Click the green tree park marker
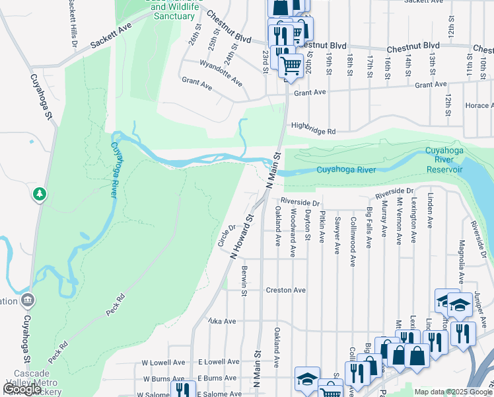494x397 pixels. [x=40, y=194]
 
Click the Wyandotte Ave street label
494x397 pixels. [x=221, y=73]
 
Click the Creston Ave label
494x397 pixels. [x=285, y=290]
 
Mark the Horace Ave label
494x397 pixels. [x=478, y=106]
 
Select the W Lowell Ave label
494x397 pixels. [x=163, y=362]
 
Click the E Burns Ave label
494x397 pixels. [x=218, y=378]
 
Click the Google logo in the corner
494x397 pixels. [x=22, y=389]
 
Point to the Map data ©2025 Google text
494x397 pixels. [x=452, y=392]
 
